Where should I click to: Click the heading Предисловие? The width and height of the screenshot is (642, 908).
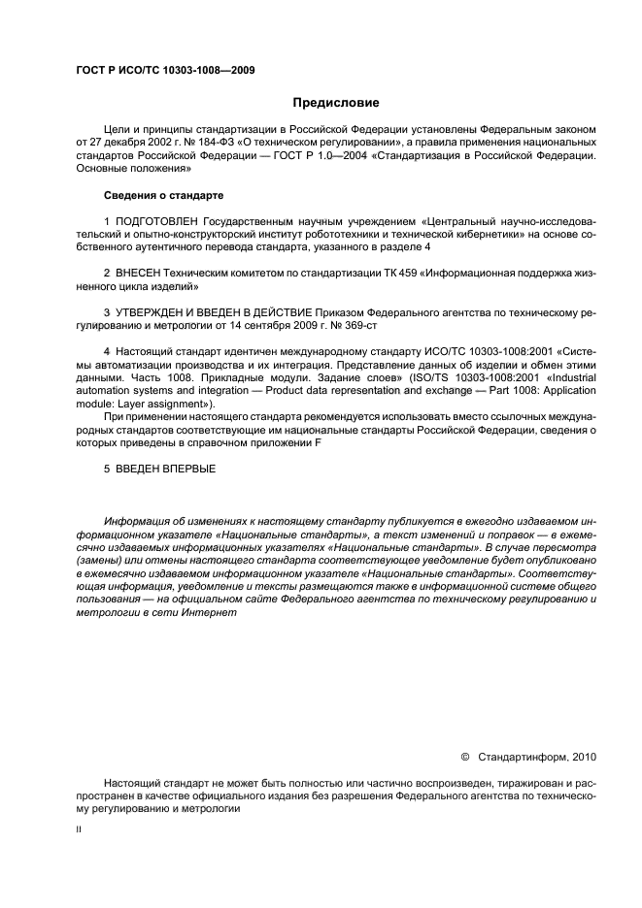coord(336,103)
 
